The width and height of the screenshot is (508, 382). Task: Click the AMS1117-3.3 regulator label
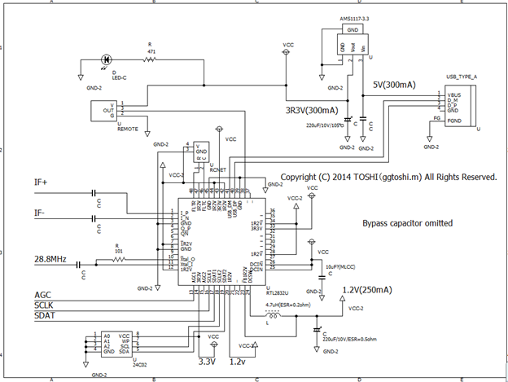pyautogui.click(x=343, y=17)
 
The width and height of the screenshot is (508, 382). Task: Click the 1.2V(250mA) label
pyautogui.click(x=365, y=290)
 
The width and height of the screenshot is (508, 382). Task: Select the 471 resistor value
pyautogui.click(x=150, y=50)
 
